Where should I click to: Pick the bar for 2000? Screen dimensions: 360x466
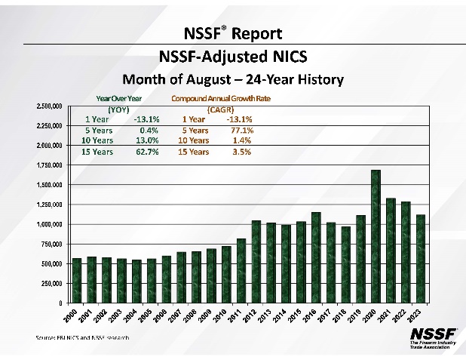76,280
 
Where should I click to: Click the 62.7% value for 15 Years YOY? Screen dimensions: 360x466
146,152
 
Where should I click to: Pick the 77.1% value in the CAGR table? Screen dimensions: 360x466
241,130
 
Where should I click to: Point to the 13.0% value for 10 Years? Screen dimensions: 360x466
146,140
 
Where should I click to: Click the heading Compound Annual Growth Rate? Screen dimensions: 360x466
221,99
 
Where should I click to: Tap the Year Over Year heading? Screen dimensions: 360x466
119,99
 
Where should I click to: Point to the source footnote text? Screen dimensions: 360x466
81,337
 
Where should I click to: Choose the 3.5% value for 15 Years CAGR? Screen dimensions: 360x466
241,152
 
